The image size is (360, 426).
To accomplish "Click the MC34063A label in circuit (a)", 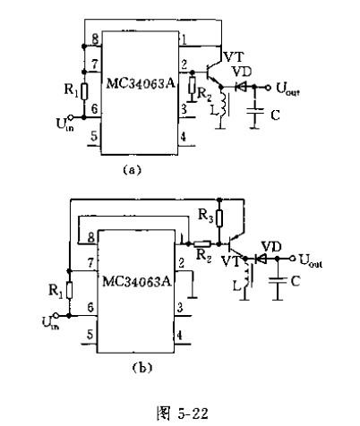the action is (x=141, y=83).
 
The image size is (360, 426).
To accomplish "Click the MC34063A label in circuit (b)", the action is (x=137, y=281).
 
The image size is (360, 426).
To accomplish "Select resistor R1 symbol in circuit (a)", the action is (x=84, y=91).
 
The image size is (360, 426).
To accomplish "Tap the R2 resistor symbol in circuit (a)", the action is (x=192, y=86).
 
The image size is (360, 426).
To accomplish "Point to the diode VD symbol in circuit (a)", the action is (x=240, y=87).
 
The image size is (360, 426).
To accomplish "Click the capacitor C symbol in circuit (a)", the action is (x=254, y=111).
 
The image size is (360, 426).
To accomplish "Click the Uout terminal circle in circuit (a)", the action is (x=268, y=88).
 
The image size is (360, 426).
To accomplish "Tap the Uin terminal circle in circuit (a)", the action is (x=71, y=117).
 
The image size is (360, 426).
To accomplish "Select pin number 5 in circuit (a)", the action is (x=94, y=136).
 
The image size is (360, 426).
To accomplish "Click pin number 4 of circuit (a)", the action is (x=183, y=136).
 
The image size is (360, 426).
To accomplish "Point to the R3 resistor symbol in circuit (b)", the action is (x=219, y=217).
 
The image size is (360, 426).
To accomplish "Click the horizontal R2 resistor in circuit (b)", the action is (x=202, y=243).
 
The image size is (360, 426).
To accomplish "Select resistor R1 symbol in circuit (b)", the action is (x=69, y=290).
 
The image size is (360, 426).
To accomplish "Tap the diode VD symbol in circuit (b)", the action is (x=261, y=259).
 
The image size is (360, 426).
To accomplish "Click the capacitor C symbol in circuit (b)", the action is (x=278, y=280).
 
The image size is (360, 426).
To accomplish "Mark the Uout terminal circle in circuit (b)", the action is (x=293, y=259).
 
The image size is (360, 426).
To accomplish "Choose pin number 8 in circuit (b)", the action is (x=91, y=237).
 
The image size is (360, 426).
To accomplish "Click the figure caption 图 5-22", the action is (x=183, y=413).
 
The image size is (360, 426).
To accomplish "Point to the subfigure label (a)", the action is (x=132, y=170).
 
